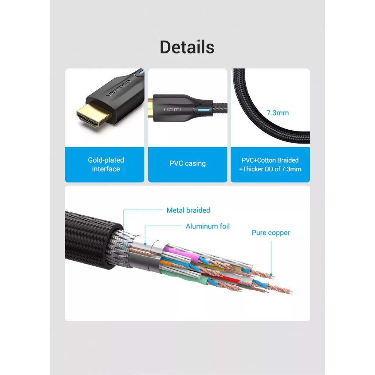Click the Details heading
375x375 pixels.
click(x=187, y=47)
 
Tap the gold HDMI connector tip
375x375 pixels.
click(x=94, y=116)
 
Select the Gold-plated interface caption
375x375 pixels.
click(x=106, y=164)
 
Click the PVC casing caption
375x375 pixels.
click(x=187, y=163)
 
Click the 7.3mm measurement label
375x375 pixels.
click(x=278, y=113)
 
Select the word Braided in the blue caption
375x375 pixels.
click(x=287, y=160)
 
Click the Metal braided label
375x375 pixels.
click(x=188, y=210)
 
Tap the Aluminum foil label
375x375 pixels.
click(x=208, y=226)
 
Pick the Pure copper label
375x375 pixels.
click(x=271, y=233)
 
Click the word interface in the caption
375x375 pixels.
click(x=106, y=169)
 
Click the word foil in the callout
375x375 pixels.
click(x=223, y=226)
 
